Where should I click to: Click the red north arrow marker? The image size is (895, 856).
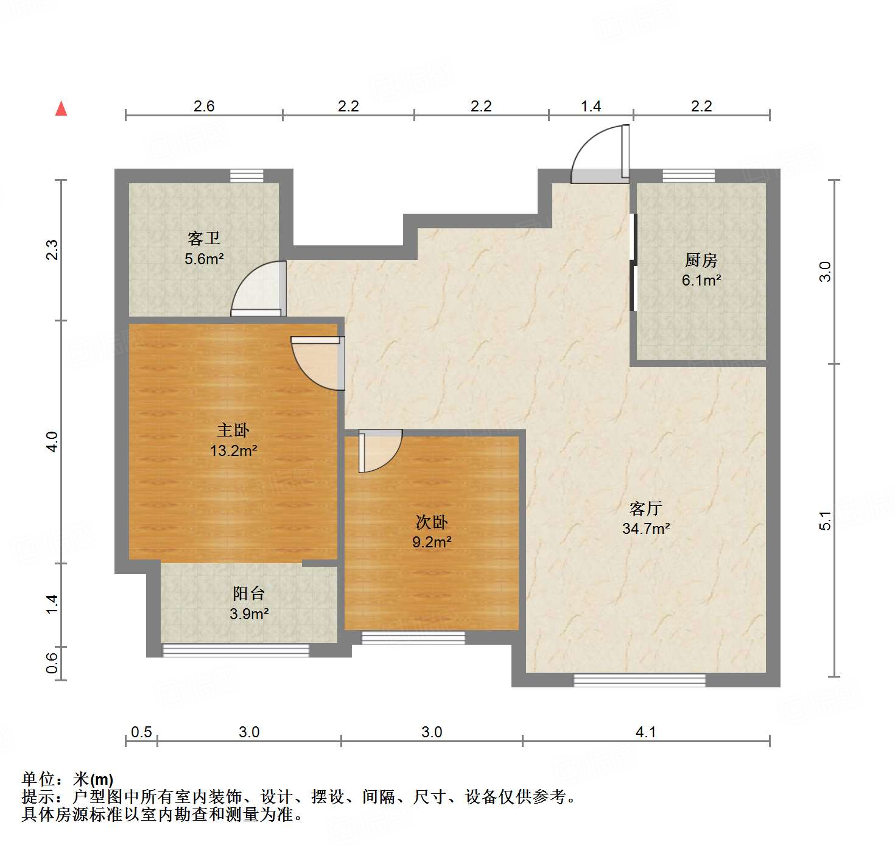point(61,108)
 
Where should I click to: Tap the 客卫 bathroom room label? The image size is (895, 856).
point(204,238)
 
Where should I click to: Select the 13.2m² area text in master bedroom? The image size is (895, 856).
point(233,451)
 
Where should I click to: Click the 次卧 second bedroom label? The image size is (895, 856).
point(432,522)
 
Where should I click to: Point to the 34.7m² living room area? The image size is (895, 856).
point(646,528)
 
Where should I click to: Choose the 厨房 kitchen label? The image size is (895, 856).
point(701,261)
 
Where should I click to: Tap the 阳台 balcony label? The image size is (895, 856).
point(249,594)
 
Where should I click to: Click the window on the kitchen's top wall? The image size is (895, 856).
point(689,176)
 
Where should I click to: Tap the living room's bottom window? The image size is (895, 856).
point(639,680)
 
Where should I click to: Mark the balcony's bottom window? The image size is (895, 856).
point(236,650)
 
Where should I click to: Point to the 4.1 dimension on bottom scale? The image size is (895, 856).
point(645,732)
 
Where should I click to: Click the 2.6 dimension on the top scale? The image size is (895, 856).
point(204,106)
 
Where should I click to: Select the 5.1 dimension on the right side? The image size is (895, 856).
point(824,521)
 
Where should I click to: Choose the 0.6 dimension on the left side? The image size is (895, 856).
point(52,663)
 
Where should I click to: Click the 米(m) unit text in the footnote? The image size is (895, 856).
point(93,779)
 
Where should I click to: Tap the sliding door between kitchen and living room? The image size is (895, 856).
point(633,262)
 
